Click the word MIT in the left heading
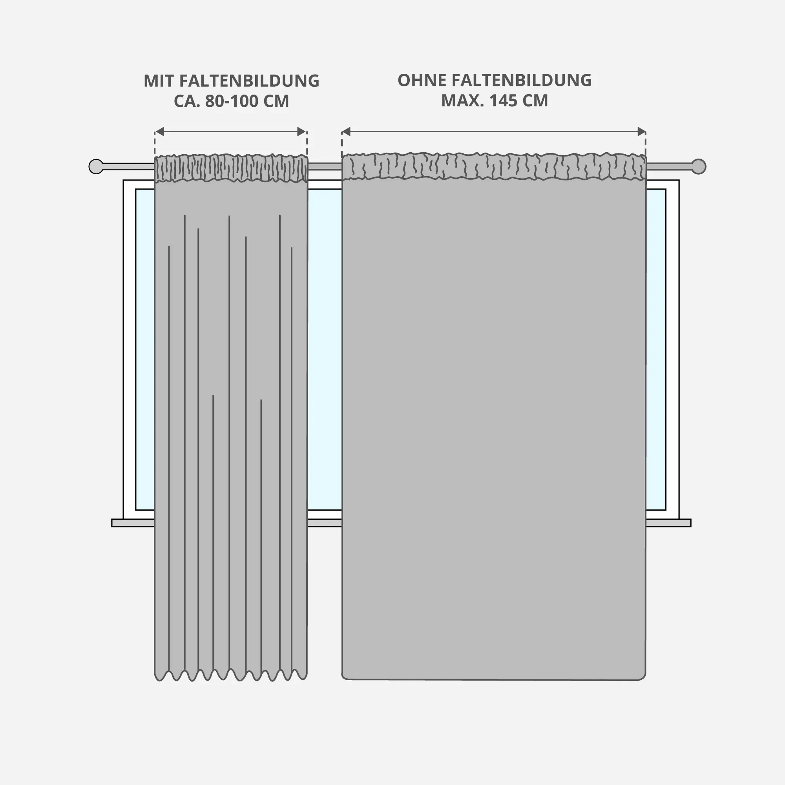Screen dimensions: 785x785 [x=159, y=81]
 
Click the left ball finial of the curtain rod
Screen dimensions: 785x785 [x=96, y=166]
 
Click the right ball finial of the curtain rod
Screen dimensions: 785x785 [x=699, y=166]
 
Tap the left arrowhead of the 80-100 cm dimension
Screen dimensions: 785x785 [x=160, y=131]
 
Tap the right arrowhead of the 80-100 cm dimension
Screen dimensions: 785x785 [x=301, y=131]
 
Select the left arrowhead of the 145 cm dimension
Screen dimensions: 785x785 [x=346, y=131]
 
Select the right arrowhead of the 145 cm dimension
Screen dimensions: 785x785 [x=641, y=131]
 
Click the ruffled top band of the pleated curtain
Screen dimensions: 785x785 [x=231, y=168]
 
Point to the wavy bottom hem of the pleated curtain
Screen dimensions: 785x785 [x=231, y=675]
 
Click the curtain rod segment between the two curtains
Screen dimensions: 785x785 [x=324, y=166]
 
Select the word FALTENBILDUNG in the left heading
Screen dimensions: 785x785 [x=249, y=81]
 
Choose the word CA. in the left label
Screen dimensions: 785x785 [x=186, y=101]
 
